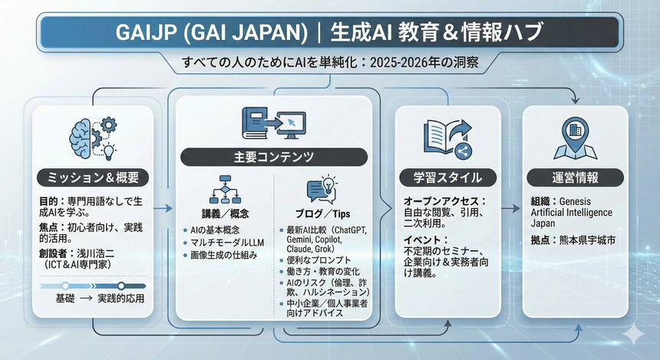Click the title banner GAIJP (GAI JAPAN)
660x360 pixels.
pos(330,33)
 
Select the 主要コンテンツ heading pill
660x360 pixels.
pos(274,157)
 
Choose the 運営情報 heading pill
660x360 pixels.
pos(576,177)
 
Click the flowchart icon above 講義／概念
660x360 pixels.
pos(225,189)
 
